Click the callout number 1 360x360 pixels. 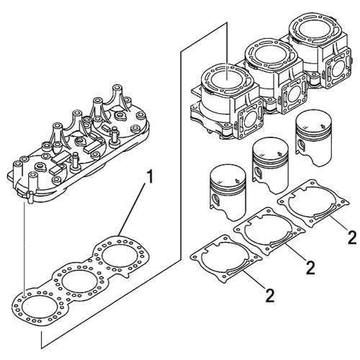(149, 175)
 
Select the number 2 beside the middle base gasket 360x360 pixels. (311, 268)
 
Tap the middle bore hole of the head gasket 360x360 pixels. (75, 280)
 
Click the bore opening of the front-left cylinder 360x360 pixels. (225, 74)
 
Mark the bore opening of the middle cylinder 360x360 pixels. (265, 53)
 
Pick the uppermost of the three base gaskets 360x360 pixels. (306, 203)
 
